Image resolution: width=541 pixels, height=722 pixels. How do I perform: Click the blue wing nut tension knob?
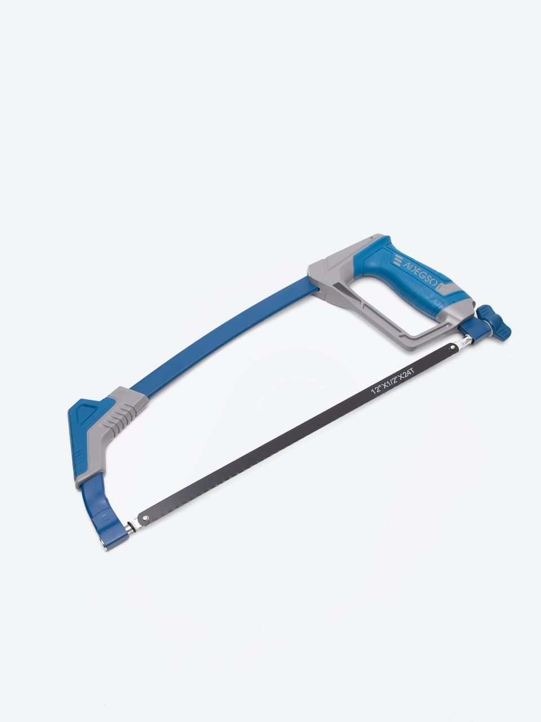495,323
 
